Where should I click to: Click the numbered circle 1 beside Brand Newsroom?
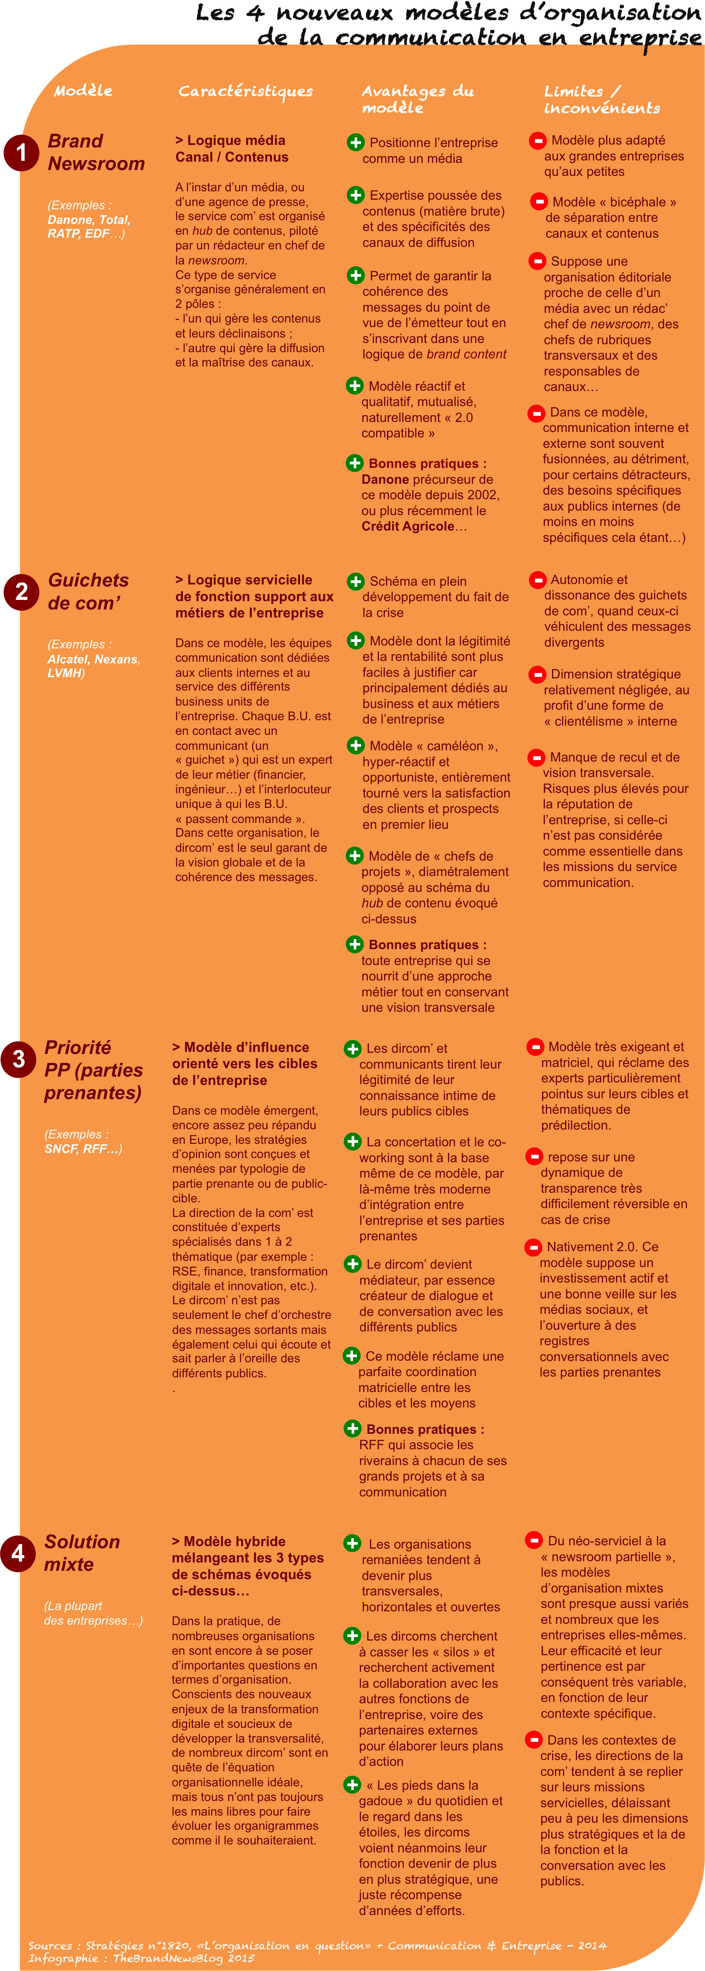[21, 152]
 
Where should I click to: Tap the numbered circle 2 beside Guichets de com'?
[21, 592]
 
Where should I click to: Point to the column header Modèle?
[83, 90]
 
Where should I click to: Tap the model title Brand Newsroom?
[96, 152]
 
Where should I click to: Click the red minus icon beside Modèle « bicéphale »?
[539, 202]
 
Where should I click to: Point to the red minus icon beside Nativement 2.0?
[533, 1247]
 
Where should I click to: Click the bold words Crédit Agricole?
[408, 526]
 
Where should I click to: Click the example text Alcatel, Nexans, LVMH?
[93, 665]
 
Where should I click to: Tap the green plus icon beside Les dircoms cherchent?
[352, 1636]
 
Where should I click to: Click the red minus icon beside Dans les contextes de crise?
[533, 1740]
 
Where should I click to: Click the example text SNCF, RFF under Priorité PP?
[83, 1148]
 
